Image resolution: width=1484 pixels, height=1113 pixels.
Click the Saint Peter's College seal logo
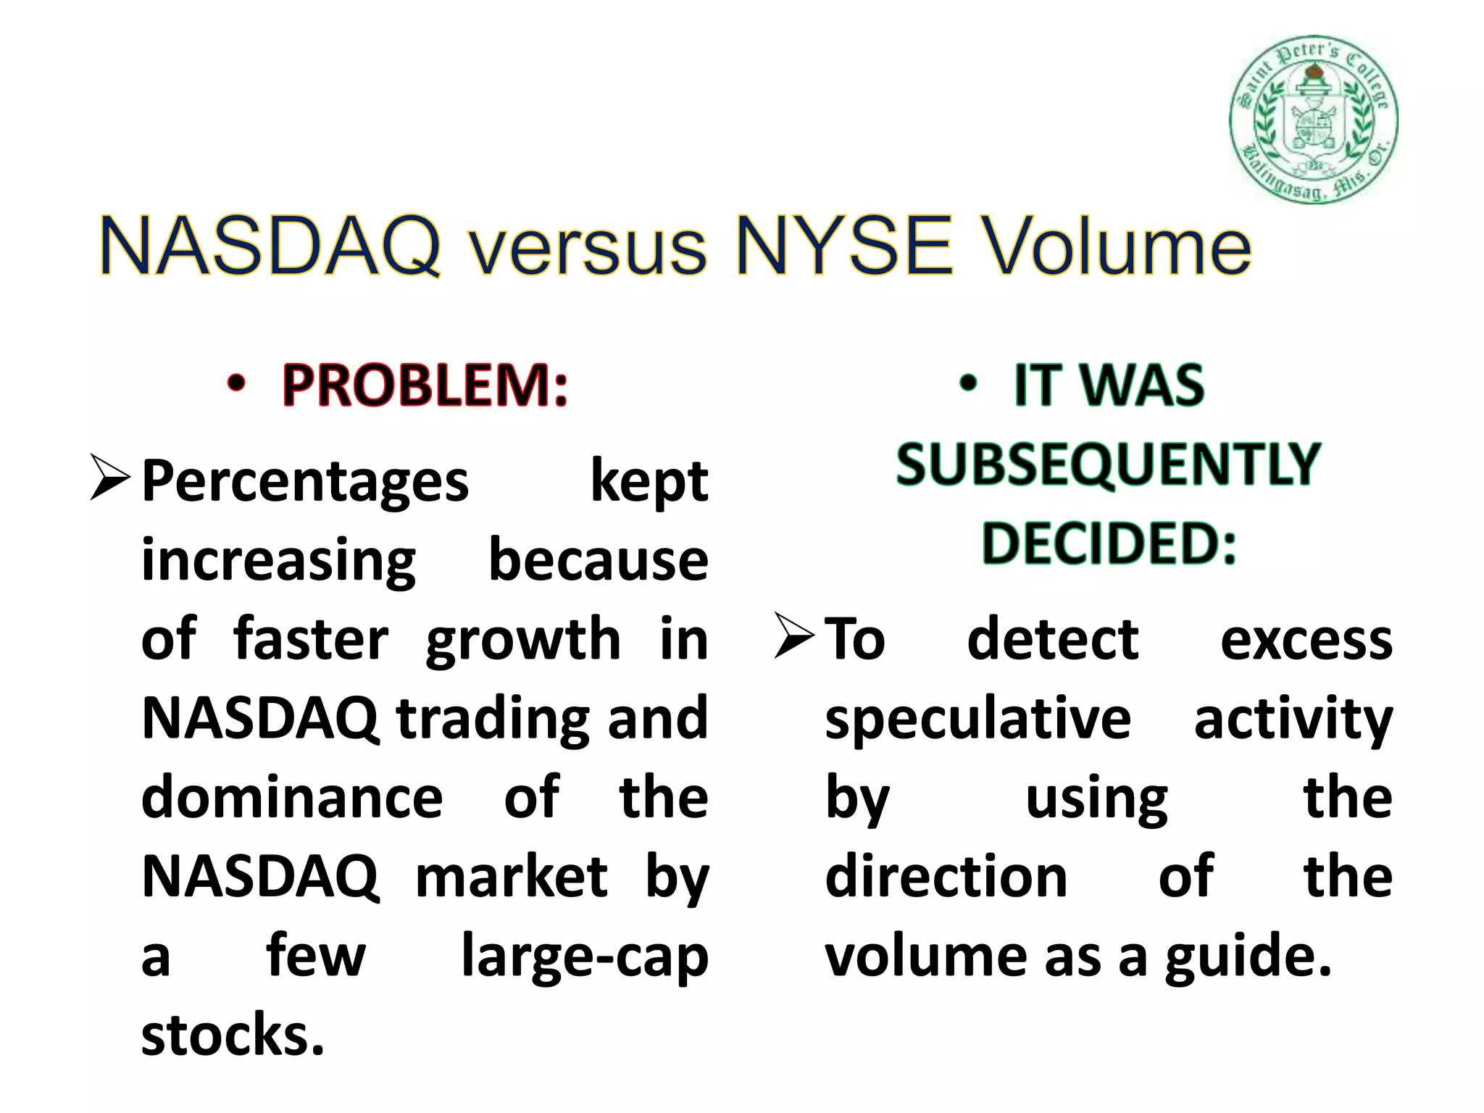tap(1313, 120)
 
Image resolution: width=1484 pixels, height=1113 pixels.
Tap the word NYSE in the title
tap(844, 247)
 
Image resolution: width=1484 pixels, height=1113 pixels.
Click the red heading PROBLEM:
tap(425, 385)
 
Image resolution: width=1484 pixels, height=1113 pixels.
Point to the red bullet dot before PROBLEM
tap(236, 384)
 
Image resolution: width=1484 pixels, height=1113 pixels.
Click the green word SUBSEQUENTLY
tap(1108, 464)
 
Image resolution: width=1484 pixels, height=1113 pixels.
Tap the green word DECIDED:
tap(1108, 543)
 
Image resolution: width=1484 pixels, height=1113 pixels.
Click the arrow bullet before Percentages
tap(109, 478)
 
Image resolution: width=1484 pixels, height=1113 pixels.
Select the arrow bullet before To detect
tap(793, 635)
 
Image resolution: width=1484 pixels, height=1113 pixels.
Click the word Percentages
tap(305, 481)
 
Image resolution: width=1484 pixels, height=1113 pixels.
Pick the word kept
tap(649, 481)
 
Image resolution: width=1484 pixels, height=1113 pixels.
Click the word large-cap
tap(585, 956)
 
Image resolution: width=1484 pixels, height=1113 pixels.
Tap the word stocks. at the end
tap(233, 1035)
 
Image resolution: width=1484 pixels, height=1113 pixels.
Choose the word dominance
tap(291, 797)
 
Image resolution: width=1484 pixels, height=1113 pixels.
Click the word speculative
tap(977, 719)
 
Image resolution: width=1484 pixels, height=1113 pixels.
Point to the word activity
tap(1293, 719)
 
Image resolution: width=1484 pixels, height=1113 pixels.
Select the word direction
tap(946, 877)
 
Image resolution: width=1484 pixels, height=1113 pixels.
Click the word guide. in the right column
tap(1248, 956)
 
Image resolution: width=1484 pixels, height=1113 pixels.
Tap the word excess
tap(1306, 640)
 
